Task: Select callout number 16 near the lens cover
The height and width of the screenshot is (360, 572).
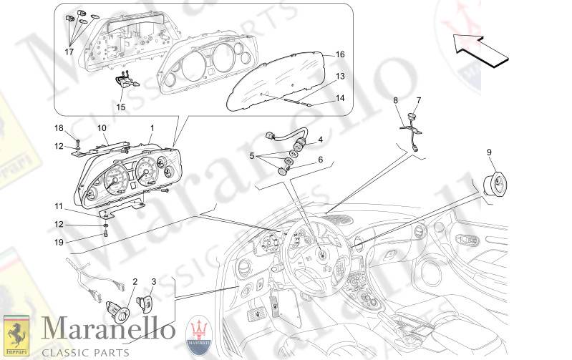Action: (340, 54)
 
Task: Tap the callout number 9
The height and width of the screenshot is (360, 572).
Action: (490, 152)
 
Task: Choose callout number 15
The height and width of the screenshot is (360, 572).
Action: (120, 107)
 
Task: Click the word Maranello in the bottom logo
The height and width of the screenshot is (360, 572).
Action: (108, 330)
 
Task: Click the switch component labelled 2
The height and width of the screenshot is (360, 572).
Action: (118, 309)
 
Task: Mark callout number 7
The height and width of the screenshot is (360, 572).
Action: (419, 100)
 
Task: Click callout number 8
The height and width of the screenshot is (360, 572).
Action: (395, 101)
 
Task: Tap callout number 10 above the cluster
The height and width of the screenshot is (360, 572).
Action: (102, 127)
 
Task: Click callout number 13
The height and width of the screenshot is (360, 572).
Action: (340, 76)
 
